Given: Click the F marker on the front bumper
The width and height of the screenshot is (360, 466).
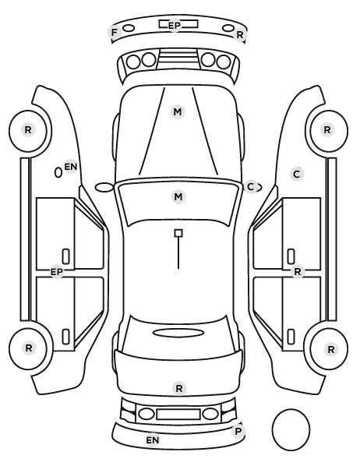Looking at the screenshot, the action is click(x=114, y=33).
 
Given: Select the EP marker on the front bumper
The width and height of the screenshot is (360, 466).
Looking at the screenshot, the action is click(x=175, y=26).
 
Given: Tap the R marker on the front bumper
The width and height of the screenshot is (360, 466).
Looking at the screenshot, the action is click(x=240, y=35).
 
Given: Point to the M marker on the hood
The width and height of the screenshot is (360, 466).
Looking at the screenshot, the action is click(x=178, y=112).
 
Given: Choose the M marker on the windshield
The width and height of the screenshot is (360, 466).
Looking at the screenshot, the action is click(x=178, y=196).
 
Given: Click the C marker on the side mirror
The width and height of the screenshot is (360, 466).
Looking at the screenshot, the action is click(x=251, y=187).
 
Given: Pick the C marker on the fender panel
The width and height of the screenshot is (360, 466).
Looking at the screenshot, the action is click(x=297, y=174).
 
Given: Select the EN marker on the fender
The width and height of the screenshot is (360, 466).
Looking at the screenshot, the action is click(x=71, y=167).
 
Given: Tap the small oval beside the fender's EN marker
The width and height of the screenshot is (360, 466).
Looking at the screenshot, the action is click(x=58, y=173).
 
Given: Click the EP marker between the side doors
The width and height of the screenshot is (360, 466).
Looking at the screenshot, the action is click(x=57, y=272).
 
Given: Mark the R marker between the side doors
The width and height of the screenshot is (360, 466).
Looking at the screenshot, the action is click(x=298, y=272).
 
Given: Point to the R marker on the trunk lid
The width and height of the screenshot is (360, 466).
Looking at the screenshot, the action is click(x=179, y=388).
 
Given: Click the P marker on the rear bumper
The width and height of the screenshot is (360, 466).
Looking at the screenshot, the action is click(x=238, y=431).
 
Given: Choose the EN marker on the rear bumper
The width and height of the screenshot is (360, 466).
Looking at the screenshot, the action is click(x=153, y=440).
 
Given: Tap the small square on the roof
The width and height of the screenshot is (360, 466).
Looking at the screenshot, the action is click(x=178, y=233).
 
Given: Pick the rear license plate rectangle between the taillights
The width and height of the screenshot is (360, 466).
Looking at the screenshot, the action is click(x=178, y=415).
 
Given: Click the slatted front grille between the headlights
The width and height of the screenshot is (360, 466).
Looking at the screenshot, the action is click(x=178, y=59).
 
